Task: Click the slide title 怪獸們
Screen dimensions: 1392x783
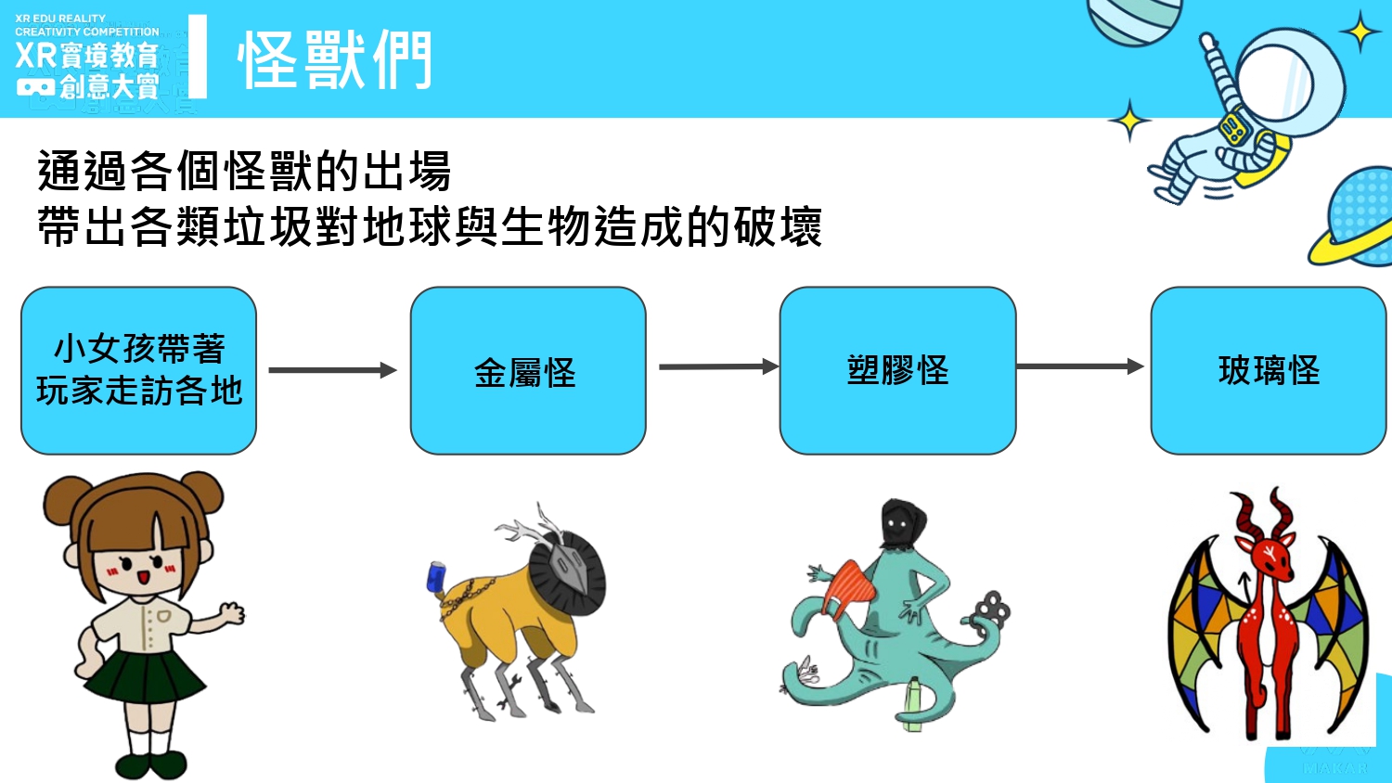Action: click(334, 60)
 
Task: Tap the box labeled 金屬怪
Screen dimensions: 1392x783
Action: click(528, 370)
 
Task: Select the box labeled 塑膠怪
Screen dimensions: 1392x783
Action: click(898, 370)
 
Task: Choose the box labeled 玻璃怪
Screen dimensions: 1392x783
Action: click(1269, 370)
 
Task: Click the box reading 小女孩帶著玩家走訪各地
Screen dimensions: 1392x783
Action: click(138, 370)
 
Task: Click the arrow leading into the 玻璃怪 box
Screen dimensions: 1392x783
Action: click(1080, 366)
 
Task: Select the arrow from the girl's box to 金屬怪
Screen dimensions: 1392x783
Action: click(332, 370)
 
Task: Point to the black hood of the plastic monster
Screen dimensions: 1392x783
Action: click(902, 525)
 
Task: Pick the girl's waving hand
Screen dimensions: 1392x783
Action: click(232, 613)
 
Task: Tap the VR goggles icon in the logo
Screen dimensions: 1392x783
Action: click(35, 87)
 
